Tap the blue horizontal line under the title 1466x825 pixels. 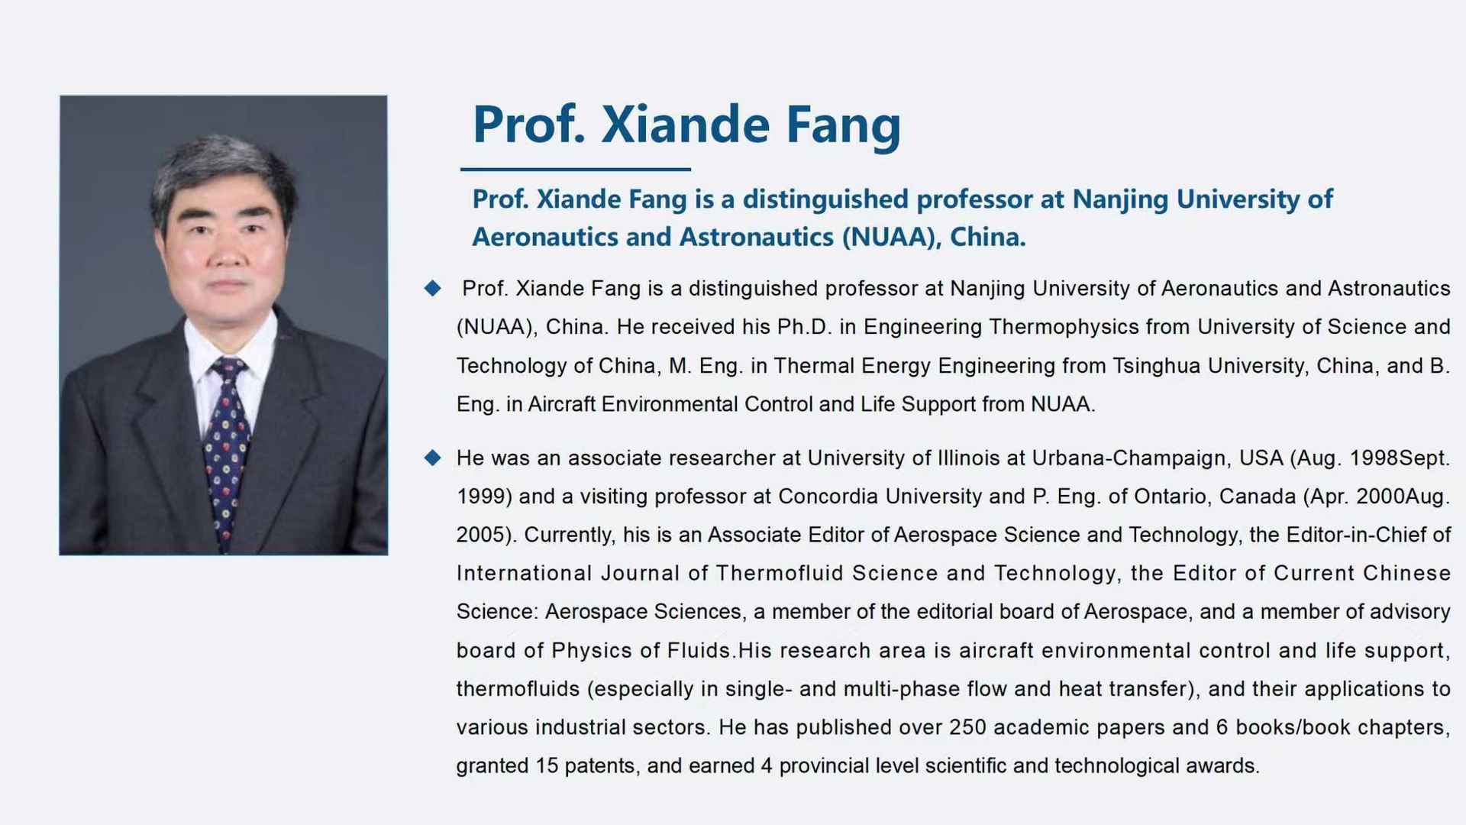pyautogui.click(x=576, y=169)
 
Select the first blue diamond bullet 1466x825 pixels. pyautogui.click(x=433, y=288)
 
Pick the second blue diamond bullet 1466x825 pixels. pyautogui.click(x=433, y=458)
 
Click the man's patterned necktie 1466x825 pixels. pyautogui.click(x=227, y=451)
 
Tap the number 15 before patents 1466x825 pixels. pyautogui.click(x=547, y=765)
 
